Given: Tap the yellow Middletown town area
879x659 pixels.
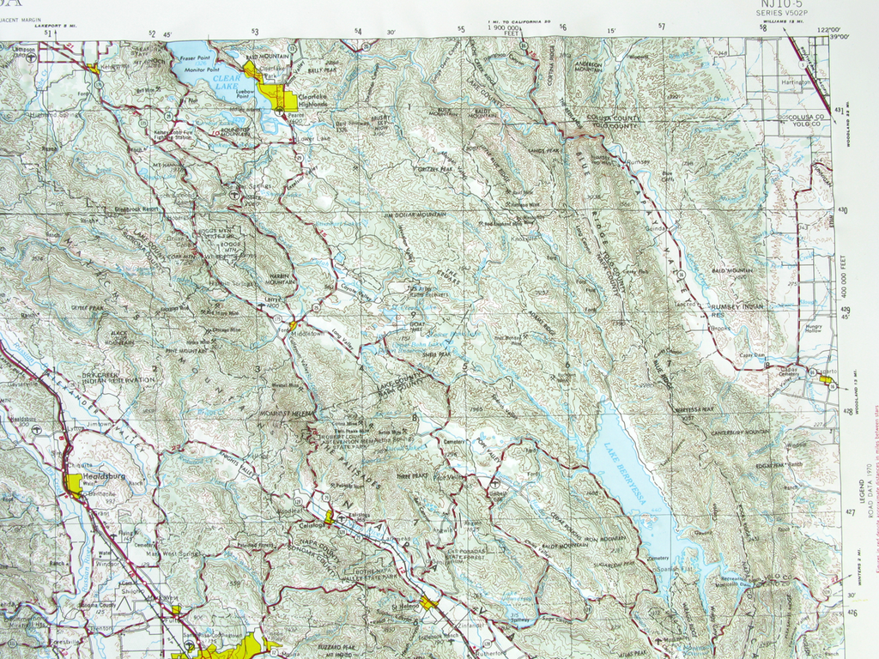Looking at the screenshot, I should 294,325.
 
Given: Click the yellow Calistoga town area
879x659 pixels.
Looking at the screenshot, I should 329,516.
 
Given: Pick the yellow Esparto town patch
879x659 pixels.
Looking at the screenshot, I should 826,378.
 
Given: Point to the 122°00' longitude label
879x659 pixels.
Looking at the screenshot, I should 828,30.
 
